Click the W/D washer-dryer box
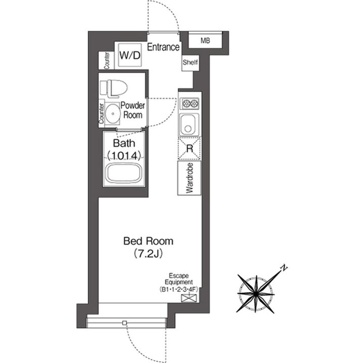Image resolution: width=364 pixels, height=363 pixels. [130, 55]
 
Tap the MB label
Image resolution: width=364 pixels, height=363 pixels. [205, 41]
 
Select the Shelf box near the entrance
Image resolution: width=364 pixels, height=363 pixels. [190, 63]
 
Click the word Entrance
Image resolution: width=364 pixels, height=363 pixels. [163, 47]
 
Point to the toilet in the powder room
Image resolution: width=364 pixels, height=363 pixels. [114, 88]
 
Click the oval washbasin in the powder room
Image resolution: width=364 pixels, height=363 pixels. [113, 114]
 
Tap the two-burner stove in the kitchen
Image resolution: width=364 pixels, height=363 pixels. [190, 103]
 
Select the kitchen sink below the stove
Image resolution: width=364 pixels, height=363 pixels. [188, 124]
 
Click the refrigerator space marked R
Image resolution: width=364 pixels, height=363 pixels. [190, 148]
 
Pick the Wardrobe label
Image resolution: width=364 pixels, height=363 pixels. [190, 178]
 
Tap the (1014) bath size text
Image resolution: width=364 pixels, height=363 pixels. [124, 156]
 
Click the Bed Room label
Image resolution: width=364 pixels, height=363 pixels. [148, 241]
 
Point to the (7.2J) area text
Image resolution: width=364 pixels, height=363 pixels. [148, 254]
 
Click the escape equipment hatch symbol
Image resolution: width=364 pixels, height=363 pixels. [189, 298]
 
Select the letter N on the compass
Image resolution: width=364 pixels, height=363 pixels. [284, 268]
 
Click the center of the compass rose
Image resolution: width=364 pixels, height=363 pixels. [256, 294]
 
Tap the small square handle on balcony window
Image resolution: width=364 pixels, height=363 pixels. [125, 323]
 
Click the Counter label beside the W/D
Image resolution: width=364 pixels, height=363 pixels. [107, 61]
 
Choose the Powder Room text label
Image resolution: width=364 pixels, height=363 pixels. [132, 110]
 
